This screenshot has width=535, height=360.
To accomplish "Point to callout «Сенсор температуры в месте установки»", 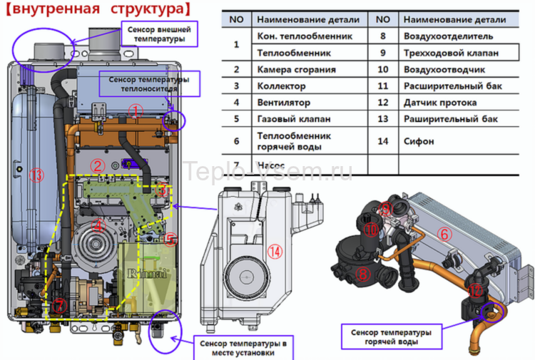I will (x=243, y=348).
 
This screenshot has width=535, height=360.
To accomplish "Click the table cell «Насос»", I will (x=268, y=165).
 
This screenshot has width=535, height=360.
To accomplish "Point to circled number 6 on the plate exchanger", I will (x=443, y=233).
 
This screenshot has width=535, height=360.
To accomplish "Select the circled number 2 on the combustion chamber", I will (x=98, y=166).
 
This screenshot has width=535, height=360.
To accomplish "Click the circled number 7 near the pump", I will (x=59, y=305).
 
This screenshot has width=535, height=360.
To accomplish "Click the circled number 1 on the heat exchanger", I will (x=137, y=110).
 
